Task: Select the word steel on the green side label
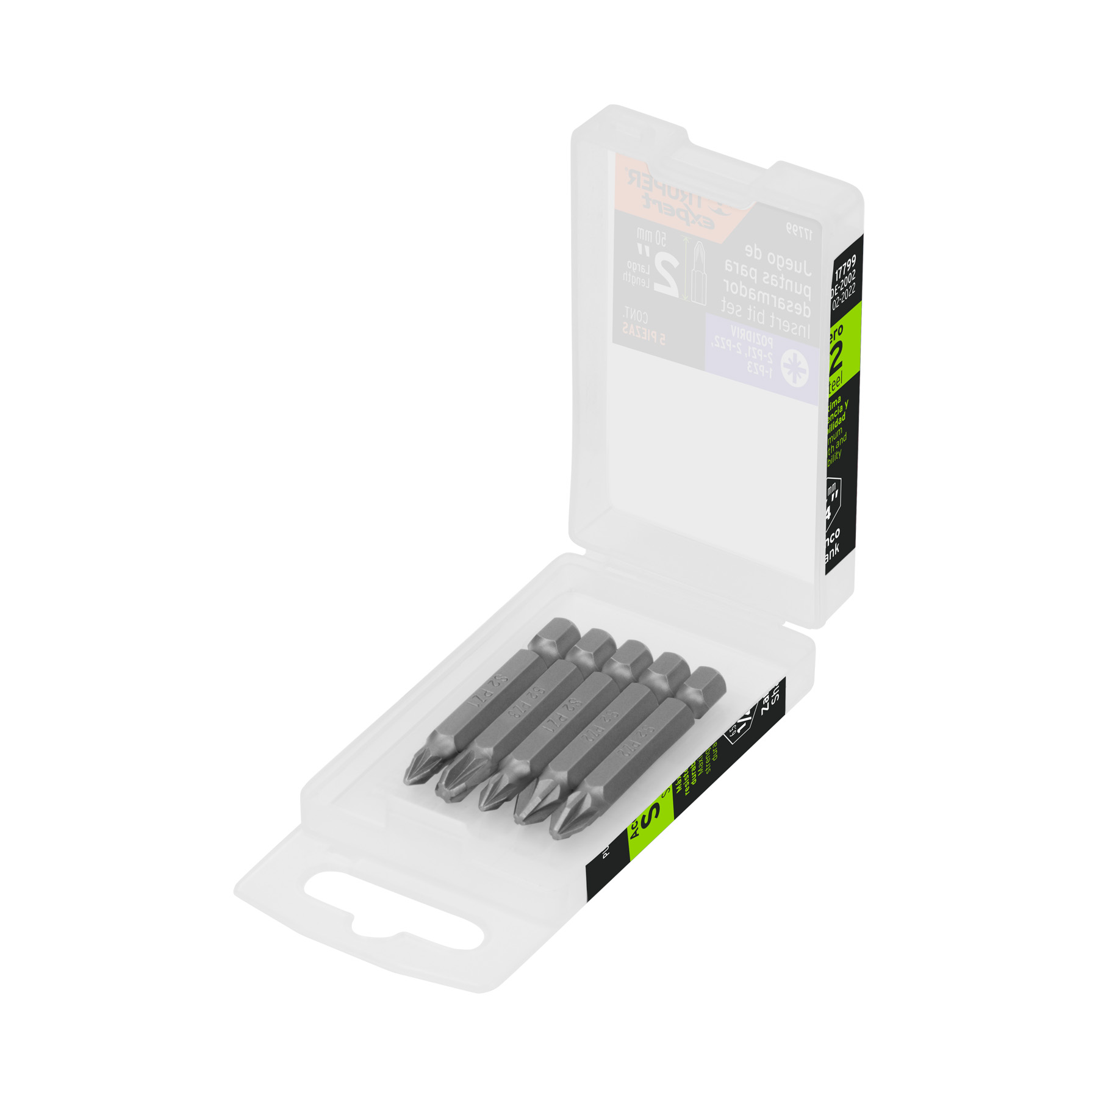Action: point(834,382)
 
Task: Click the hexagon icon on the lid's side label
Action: point(831,500)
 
